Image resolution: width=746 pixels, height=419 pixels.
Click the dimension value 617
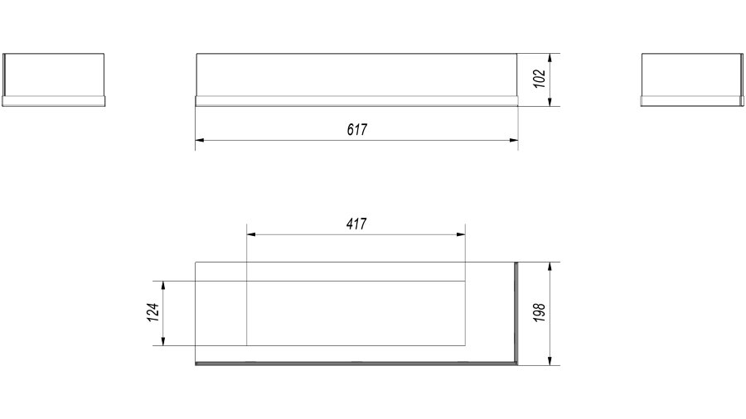[356, 129]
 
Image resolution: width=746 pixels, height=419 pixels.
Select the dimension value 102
[539, 79]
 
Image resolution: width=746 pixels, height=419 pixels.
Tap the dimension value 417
[356, 224]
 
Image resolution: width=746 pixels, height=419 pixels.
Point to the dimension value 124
[153, 312]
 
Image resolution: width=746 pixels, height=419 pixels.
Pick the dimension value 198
[539, 312]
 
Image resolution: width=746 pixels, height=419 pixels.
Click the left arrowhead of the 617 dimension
[200, 140]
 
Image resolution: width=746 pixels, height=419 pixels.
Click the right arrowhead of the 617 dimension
[513, 140]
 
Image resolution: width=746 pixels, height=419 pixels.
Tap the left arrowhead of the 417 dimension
[251, 234]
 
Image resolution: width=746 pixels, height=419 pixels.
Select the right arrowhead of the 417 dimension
[461, 234]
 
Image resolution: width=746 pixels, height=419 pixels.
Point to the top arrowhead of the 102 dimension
[550, 58]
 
